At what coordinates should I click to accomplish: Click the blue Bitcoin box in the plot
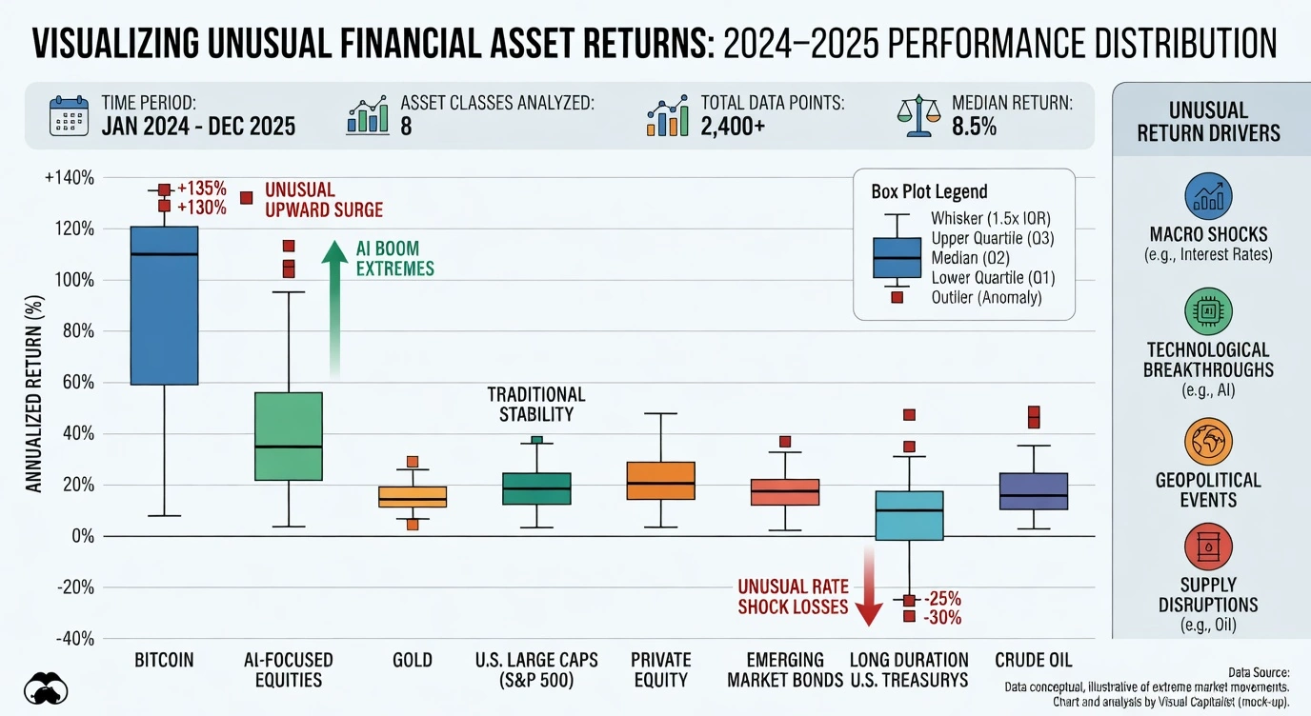coord(164,305)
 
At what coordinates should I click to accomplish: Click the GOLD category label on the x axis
coord(412,660)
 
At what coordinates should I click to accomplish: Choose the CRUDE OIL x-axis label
coord(1034,660)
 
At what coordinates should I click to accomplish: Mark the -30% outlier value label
coord(942,618)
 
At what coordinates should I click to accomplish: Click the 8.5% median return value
coord(974,127)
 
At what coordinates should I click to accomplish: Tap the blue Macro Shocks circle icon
coord(1207,196)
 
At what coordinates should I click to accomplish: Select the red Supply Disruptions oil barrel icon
coord(1207,549)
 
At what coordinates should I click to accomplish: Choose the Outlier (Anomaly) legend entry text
coord(986,297)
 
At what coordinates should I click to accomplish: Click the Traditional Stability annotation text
coord(536,404)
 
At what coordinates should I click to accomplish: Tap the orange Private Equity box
coord(661,481)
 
